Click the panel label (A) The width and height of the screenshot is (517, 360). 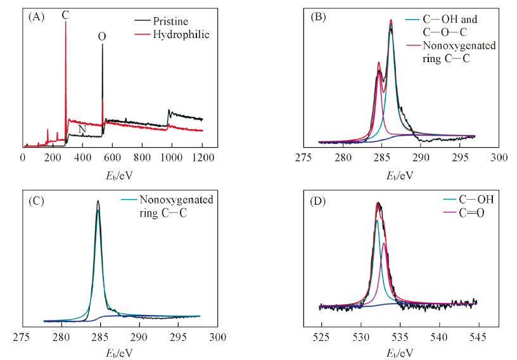tap(36, 17)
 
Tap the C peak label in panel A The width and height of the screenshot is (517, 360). tap(65, 14)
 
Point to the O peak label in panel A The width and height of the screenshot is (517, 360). tap(102, 37)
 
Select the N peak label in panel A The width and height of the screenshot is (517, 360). tap(82, 129)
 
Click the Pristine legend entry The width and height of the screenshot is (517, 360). tap(170, 22)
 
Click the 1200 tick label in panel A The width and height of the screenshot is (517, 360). tap(202, 157)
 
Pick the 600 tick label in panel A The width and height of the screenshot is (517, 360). tap(113, 157)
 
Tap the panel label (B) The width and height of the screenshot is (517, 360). tap(317, 17)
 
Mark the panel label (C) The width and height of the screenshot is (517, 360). tap(36, 202)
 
